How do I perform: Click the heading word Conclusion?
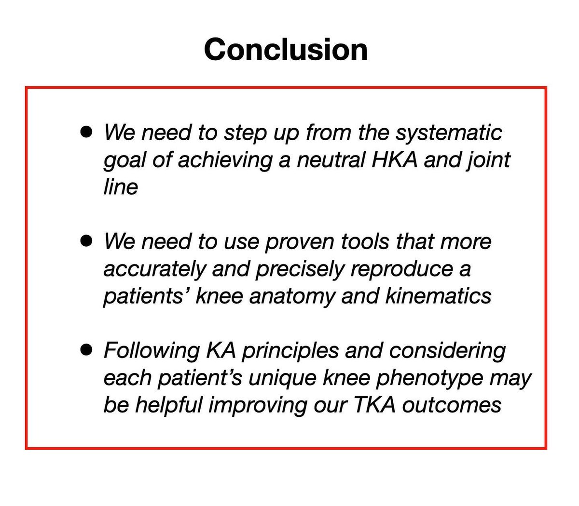(x=286, y=49)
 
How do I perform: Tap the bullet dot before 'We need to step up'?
(x=86, y=132)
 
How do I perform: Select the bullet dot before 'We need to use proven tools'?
(x=86, y=240)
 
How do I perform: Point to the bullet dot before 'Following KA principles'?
(x=86, y=350)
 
